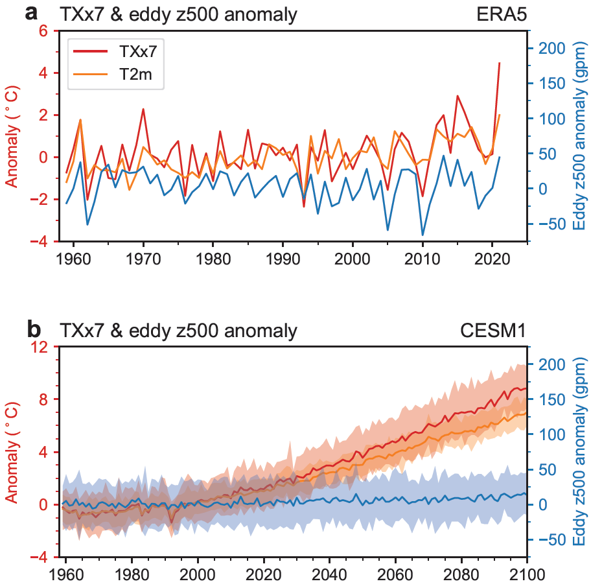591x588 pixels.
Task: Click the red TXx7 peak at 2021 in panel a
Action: [x=499, y=63]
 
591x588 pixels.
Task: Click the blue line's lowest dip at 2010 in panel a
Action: [x=423, y=235]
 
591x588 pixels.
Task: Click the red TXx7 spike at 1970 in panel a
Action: [x=143, y=109]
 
